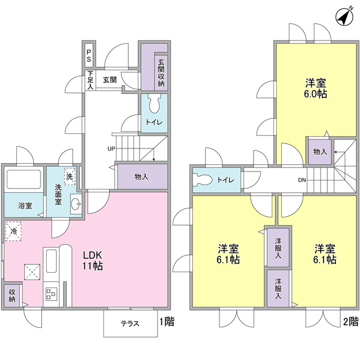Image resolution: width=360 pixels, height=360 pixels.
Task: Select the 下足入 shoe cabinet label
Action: pos(89,80)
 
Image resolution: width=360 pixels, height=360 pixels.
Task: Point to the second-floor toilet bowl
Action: pos(201,181)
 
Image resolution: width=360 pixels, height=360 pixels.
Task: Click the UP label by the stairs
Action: pos(112,149)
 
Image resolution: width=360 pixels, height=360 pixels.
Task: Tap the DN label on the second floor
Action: pos(302,181)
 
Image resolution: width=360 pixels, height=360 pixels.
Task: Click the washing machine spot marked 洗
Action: pos(69,175)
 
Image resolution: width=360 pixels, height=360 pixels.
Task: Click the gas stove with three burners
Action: pos(52,293)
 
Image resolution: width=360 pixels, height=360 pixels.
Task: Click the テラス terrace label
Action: pos(130,324)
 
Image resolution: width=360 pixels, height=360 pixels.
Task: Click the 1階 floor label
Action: pos(166,322)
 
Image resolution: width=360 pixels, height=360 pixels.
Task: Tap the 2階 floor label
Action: pos(349,322)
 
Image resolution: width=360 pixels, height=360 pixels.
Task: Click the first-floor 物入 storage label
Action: pos(142,177)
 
